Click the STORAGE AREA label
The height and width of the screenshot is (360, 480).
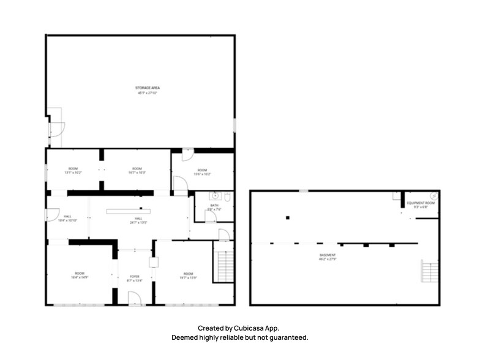[x=148, y=88]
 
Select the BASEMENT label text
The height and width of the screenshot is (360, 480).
[x=328, y=255]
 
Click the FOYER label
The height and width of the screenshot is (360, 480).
[x=135, y=277]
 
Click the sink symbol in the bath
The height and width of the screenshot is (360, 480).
[x=214, y=196]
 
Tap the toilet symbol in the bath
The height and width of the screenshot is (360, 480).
[x=227, y=197]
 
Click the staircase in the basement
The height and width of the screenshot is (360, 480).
[x=429, y=271]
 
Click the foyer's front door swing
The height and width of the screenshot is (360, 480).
[x=134, y=298]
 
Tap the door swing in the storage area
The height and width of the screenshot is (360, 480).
[x=57, y=129]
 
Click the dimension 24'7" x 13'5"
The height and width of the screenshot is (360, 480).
[x=139, y=223]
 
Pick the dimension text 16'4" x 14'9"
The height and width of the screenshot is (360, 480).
[x=80, y=277]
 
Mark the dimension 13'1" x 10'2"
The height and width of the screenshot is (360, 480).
[x=73, y=173]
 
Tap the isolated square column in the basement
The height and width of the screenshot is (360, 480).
[x=287, y=217]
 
